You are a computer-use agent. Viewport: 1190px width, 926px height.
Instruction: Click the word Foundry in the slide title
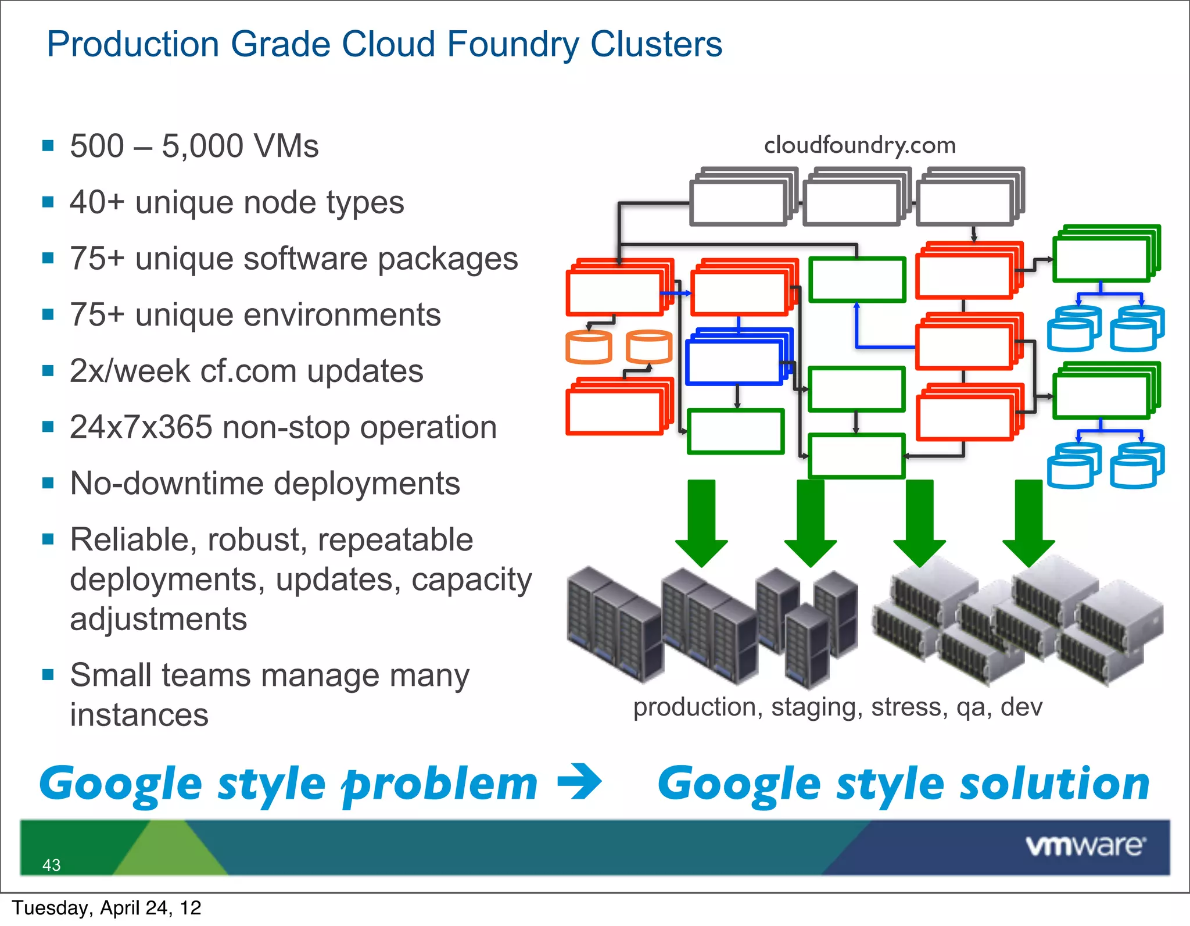click(512, 45)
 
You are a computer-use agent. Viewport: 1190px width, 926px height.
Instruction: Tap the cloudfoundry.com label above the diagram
click(859, 145)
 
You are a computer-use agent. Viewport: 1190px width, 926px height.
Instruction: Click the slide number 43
click(51, 865)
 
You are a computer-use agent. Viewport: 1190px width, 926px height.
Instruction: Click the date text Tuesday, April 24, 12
click(107, 908)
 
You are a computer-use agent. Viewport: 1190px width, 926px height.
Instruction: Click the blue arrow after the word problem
click(579, 782)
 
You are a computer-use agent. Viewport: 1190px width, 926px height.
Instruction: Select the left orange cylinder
click(589, 347)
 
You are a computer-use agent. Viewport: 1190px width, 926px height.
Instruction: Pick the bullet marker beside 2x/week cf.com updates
click(48, 371)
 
